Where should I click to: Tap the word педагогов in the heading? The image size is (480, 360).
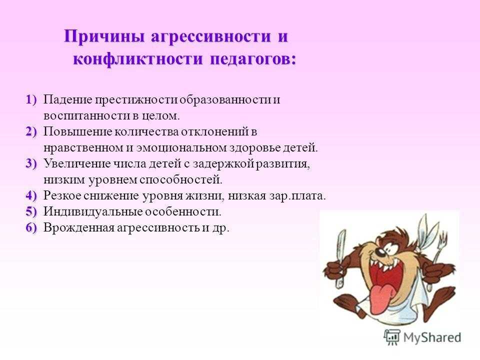coord(253,59)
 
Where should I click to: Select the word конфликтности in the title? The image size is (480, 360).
coord(138,58)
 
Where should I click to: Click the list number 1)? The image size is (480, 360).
coord(31,100)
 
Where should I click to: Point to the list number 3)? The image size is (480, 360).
coord(31,163)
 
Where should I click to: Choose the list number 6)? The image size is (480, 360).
coord(31,227)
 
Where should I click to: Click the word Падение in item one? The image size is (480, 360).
coord(67,100)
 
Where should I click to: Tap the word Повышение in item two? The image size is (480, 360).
coord(78,131)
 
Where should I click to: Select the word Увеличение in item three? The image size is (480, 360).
coord(77,164)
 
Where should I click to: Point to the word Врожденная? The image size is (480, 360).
coord(78,228)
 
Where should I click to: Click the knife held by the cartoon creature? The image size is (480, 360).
coord(340,257)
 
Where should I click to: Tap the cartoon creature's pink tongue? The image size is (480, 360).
coord(381,299)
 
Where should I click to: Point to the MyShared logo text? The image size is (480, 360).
coord(432,337)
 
